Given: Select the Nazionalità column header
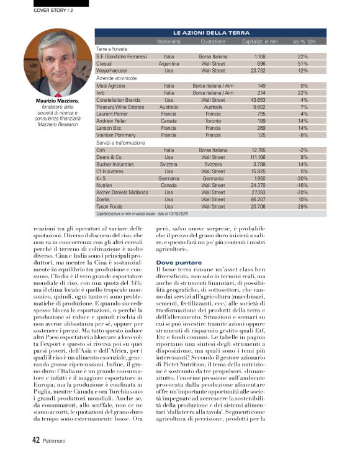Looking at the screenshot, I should [169, 41].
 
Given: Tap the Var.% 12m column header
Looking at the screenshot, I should [304, 41].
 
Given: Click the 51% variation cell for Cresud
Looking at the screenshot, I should [303, 63].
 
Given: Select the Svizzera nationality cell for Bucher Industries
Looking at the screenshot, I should [169, 165].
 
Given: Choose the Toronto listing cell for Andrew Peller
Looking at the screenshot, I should [213, 121].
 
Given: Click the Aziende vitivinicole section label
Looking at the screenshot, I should [120, 78].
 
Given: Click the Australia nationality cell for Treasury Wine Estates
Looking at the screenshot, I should [169, 107].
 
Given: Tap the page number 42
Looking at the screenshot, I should [36, 440].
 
